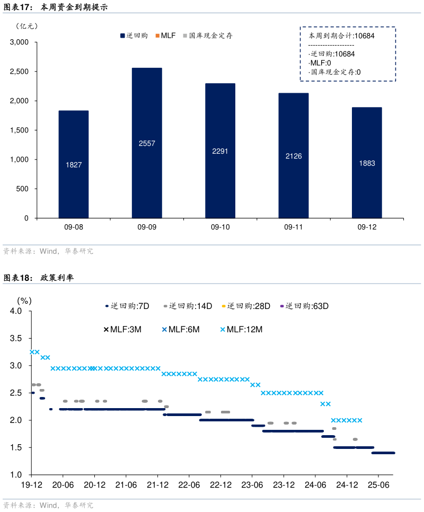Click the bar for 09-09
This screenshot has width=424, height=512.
(147, 143)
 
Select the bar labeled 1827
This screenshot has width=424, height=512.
(74, 164)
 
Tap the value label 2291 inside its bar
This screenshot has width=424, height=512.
(220, 151)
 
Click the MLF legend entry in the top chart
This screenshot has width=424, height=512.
(165, 36)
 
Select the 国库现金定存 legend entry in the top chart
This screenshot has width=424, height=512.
(208, 36)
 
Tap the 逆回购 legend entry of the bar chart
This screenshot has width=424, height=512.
(135, 36)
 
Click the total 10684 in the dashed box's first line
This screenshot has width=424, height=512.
(364, 36)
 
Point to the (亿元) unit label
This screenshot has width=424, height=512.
(27, 25)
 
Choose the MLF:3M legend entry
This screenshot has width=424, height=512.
(122, 329)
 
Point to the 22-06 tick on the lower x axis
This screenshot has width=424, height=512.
(189, 485)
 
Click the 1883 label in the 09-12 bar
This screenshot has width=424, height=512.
(367, 163)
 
